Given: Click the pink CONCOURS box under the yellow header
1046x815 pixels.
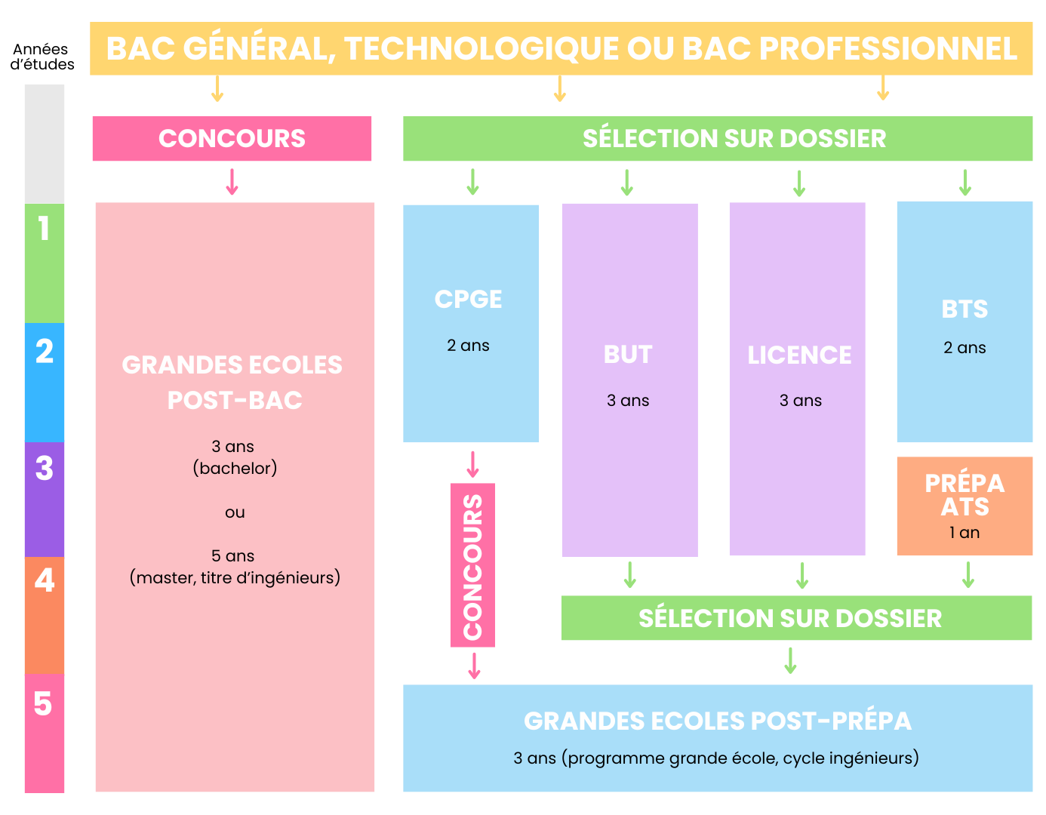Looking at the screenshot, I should [x=232, y=139].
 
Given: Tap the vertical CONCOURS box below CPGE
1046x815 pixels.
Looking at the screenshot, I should [x=472, y=565].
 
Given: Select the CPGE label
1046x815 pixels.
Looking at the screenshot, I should [x=468, y=300].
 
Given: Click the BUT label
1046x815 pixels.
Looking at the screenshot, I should [x=628, y=355].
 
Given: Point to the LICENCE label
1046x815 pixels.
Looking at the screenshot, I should [x=799, y=355].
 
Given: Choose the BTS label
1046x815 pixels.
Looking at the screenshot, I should [x=964, y=309].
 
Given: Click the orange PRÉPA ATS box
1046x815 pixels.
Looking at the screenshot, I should [x=964, y=506].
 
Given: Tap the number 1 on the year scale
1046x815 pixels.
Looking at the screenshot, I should [x=45, y=229].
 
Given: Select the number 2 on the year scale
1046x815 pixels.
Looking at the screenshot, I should [x=45, y=352].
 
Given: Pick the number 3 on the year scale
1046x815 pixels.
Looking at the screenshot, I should [x=45, y=469].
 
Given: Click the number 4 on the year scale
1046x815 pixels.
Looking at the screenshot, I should [x=45, y=581].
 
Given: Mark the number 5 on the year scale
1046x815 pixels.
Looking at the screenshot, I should [x=43, y=704].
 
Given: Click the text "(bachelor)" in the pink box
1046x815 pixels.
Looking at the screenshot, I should [x=235, y=469].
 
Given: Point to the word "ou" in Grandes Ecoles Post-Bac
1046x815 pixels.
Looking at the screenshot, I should [x=235, y=512].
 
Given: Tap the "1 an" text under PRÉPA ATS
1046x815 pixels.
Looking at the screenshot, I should [x=964, y=533].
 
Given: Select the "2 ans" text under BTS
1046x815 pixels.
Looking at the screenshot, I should [x=964, y=348].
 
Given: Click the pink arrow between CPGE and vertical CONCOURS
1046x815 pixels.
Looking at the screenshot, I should [x=472, y=464].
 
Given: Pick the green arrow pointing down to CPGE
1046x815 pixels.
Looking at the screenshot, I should [x=472, y=182].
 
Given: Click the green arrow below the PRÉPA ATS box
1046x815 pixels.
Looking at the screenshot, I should [x=968, y=575].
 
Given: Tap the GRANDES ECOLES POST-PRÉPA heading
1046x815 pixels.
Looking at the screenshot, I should [x=718, y=721].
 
